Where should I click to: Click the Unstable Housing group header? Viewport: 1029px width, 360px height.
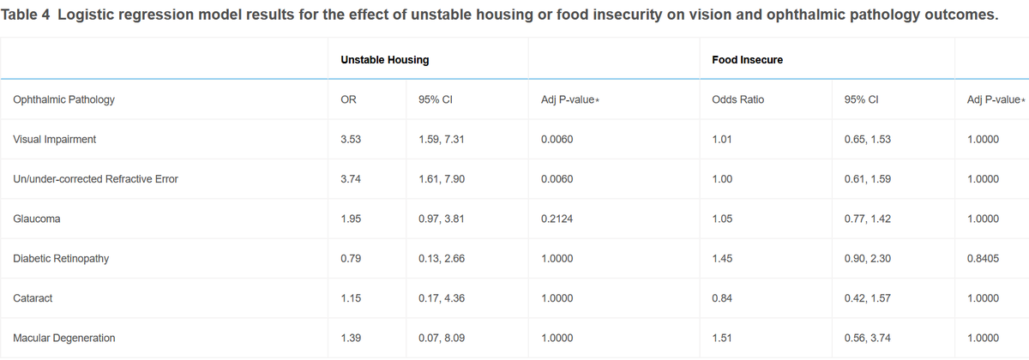tap(384, 60)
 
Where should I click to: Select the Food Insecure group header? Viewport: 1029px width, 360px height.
tap(748, 60)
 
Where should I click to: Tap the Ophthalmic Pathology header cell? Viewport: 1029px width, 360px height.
tap(63, 99)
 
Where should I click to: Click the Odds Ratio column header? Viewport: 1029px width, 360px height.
tap(737, 99)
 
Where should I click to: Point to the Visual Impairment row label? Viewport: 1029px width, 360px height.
tap(55, 139)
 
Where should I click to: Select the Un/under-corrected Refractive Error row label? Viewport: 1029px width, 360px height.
tap(95, 179)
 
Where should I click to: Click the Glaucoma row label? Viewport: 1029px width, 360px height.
tap(37, 219)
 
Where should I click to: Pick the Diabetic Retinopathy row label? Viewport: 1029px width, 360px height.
tap(61, 259)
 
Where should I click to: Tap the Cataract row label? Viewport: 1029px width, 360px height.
tap(33, 298)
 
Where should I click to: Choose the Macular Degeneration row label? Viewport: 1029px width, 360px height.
tap(63, 338)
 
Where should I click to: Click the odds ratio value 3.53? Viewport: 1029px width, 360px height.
tap(351, 139)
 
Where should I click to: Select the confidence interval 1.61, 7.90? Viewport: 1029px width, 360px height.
tap(442, 179)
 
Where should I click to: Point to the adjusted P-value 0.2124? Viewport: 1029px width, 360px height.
tap(557, 219)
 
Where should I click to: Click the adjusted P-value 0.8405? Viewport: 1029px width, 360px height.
tap(983, 259)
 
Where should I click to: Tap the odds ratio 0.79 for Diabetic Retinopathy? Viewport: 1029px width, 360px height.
tap(351, 259)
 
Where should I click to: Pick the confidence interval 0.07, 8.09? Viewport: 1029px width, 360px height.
tap(442, 338)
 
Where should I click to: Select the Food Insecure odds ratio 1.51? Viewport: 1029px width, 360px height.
tap(722, 338)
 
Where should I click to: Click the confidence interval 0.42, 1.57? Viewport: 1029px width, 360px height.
tap(867, 298)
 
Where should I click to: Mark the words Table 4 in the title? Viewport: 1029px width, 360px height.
tap(25, 15)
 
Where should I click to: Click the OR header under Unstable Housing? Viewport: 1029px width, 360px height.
tap(348, 99)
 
